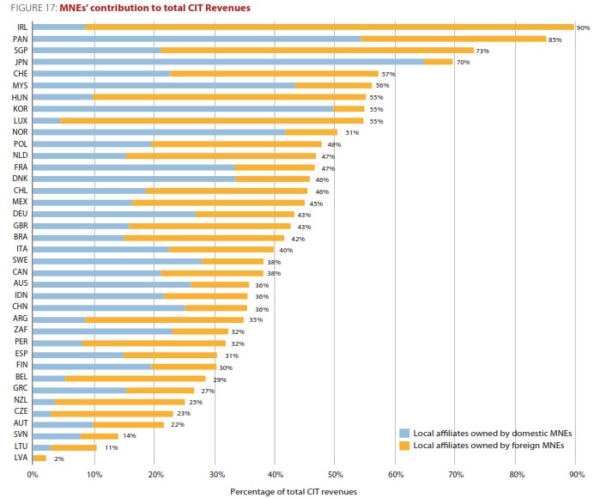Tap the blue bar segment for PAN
point(197,39)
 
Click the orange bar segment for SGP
point(317,51)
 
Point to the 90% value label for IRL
point(583,28)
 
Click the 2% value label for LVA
point(58,459)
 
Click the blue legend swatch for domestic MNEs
point(404,432)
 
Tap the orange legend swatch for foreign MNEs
point(404,445)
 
